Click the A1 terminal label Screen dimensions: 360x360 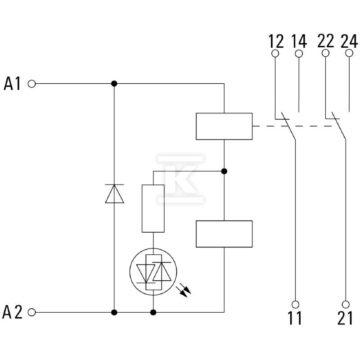click(x=12, y=84)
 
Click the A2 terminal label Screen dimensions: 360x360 click(x=13, y=312)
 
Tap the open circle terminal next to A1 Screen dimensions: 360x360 click(x=31, y=84)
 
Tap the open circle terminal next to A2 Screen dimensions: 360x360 click(x=31, y=312)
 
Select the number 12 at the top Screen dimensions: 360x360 click(x=276, y=41)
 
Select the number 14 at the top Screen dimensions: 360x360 click(x=299, y=41)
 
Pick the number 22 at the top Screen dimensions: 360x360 click(x=326, y=41)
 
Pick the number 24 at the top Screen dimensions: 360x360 click(x=349, y=41)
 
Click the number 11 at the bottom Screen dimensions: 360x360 click(x=295, y=318)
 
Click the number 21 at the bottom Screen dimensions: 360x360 click(x=345, y=318)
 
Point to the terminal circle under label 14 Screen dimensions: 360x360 click(x=299, y=54)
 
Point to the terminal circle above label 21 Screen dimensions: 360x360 click(x=346, y=305)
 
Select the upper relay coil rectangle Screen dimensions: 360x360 click(x=224, y=126)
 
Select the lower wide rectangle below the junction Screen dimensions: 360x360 click(x=224, y=234)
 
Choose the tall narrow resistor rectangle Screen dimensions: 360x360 click(x=153, y=208)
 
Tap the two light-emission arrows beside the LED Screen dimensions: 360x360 click(x=184, y=290)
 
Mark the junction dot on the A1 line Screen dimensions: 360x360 click(x=114, y=84)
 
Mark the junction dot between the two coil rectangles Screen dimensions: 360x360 click(x=224, y=171)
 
